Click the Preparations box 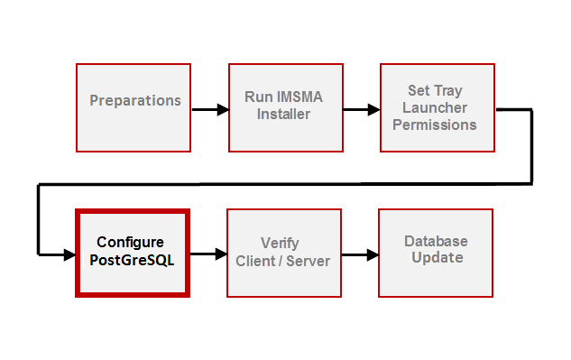coord(134,107)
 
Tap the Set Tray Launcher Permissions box coord(437,107)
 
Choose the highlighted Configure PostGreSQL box coord(132,254)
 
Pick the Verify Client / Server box coord(283,254)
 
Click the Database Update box coord(435,254)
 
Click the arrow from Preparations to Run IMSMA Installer coord(209,110)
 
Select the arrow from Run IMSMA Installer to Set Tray coord(361,110)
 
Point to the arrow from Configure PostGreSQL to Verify coord(207,255)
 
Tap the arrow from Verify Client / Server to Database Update coord(359,255)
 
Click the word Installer coord(284,115)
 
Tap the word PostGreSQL coord(131,260)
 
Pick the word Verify coord(280,244)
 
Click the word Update coord(437,258)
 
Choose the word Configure coord(131,243)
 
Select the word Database coord(436,242)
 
